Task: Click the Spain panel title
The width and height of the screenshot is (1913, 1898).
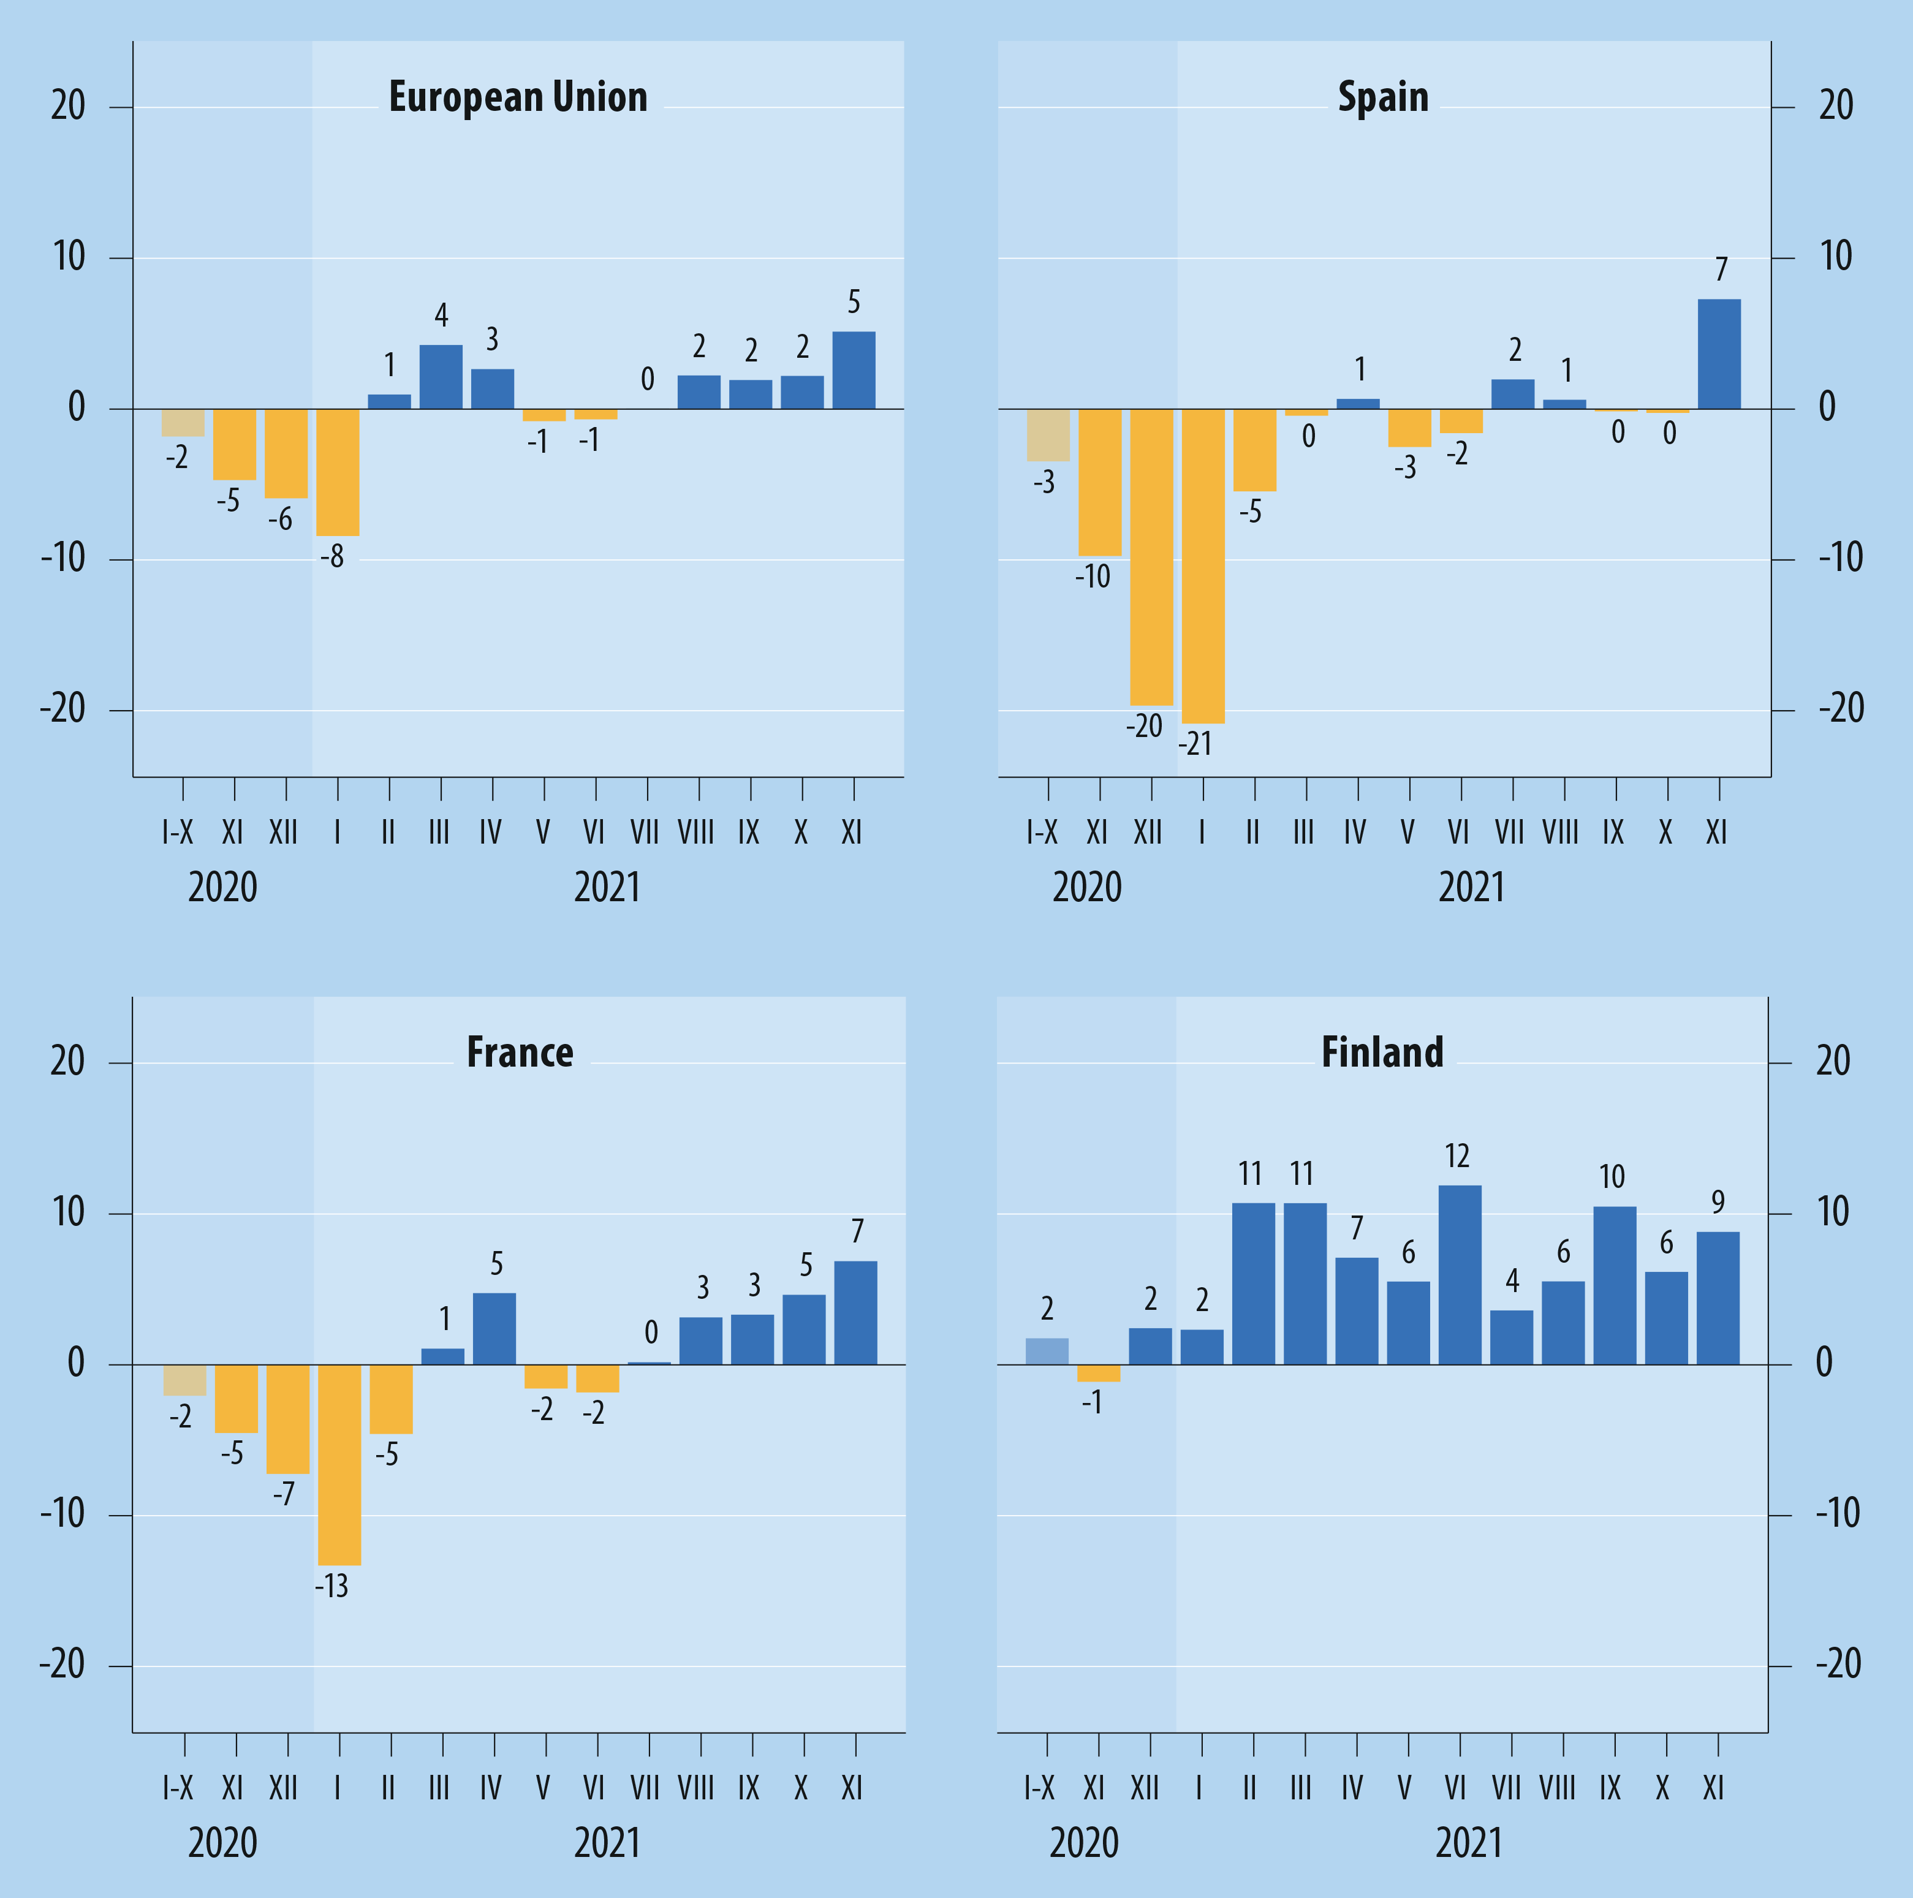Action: point(1382,97)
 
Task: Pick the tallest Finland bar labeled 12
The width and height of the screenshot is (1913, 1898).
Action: point(1460,1274)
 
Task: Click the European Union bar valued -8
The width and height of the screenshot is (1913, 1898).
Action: point(338,472)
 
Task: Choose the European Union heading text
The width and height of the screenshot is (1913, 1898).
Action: point(518,97)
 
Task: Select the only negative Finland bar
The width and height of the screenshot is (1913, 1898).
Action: point(1098,1373)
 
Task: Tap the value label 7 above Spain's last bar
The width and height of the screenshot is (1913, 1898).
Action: point(1721,270)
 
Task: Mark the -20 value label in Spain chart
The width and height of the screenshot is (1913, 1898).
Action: point(1143,726)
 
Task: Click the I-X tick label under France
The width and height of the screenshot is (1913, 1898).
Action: point(178,1788)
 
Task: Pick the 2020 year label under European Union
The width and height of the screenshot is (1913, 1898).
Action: point(223,887)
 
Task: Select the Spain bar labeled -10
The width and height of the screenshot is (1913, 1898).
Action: point(1100,482)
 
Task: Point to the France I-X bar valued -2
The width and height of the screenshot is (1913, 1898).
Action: point(184,1380)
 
